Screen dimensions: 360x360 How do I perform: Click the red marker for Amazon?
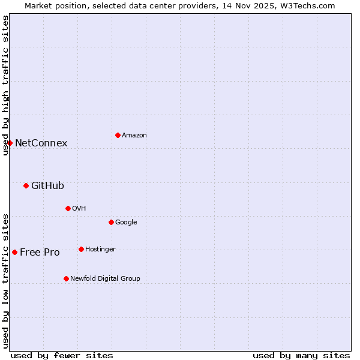[118, 135]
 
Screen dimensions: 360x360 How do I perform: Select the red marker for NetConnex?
[10, 143]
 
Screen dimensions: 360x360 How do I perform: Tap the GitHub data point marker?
[26, 185]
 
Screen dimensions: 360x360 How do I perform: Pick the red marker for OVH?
[68, 208]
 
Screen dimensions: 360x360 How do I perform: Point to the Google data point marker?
[111, 222]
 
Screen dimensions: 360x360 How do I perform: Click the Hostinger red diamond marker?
[81, 249]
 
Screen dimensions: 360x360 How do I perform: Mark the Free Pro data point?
[14, 252]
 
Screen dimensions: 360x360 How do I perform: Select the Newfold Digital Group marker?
[66, 278]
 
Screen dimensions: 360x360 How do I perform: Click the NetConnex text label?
[41, 143]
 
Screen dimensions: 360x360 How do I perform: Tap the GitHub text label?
[47, 185]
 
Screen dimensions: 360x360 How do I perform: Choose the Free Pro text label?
[40, 252]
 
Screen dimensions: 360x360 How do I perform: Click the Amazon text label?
[134, 135]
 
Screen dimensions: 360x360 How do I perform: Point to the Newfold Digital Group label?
[105, 278]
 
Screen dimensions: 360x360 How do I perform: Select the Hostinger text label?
[100, 249]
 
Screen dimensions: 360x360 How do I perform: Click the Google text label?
[126, 222]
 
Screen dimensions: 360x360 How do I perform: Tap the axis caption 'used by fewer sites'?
[62, 355]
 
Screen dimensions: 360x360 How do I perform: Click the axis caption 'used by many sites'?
[301, 355]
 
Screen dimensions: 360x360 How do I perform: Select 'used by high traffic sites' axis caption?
[5, 85]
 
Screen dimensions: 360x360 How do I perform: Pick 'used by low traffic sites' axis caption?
[5, 280]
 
